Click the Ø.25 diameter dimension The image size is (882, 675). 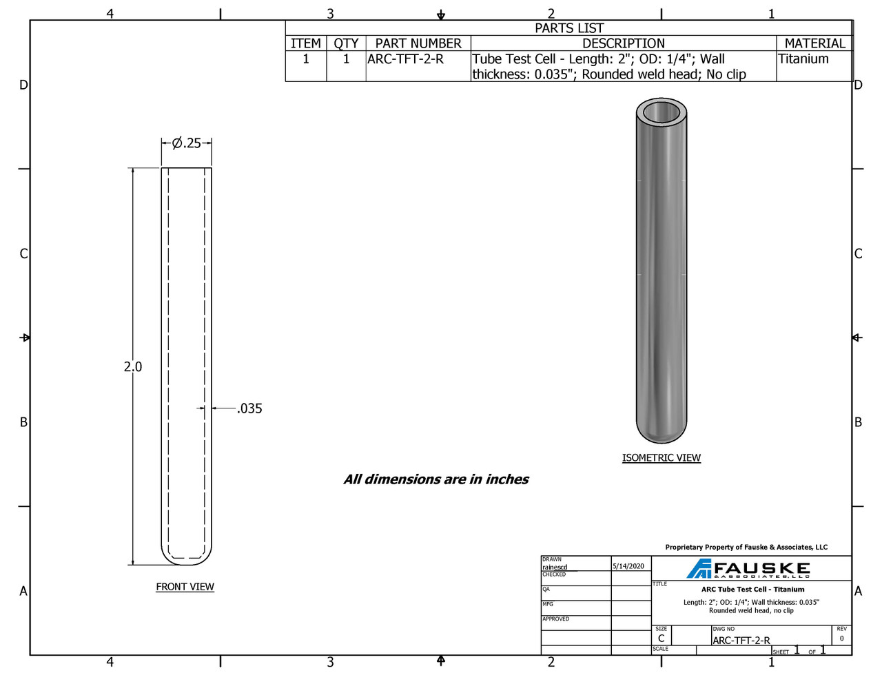(x=186, y=143)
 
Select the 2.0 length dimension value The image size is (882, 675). (x=133, y=367)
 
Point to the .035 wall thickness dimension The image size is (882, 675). (x=249, y=408)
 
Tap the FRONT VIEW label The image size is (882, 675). (x=185, y=587)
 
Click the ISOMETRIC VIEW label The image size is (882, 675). (x=661, y=458)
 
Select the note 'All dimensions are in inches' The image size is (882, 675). (x=435, y=479)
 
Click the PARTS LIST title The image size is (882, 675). (x=568, y=28)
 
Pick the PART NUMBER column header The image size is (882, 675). (x=418, y=43)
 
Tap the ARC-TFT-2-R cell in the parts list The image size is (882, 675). (x=405, y=59)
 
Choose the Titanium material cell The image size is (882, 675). (x=803, y=59)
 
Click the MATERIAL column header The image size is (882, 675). (x=814, y=43)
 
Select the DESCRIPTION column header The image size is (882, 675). (x=623, y=43)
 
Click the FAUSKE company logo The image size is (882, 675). (x=749, y=569)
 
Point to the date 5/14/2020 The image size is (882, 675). (x=628, y=566)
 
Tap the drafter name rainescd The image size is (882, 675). (x=555, y=567)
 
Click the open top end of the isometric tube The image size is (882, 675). (x=661, y=112)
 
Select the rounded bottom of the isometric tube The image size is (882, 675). (x=661, y=433)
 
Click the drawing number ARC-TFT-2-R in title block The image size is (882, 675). (x=741, y=641)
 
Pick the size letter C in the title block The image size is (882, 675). (x=661, y=638)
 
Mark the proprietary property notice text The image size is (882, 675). (x=746, y=548)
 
